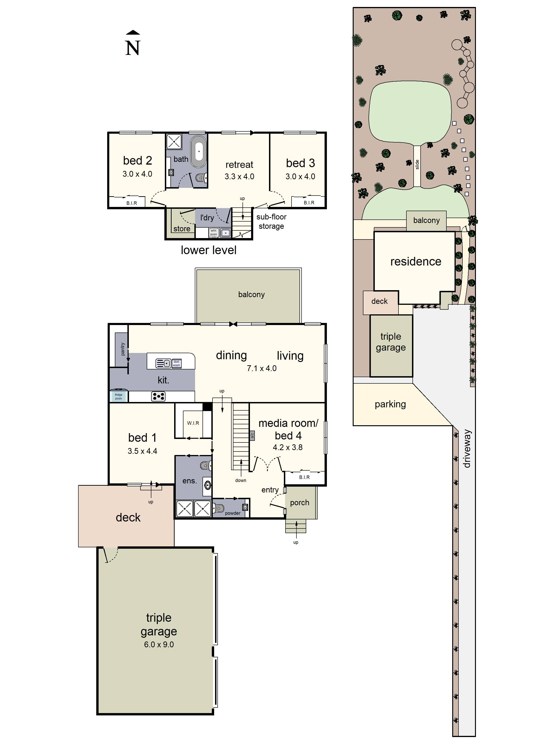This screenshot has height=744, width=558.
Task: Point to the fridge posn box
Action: (x=118, y=396)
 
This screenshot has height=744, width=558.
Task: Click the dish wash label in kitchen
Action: (x=176, y=363)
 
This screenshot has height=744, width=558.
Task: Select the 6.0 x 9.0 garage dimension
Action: (x=159, y=644)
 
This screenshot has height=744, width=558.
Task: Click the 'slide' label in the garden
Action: (x=417, y=164)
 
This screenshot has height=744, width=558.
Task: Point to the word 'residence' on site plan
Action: (x=415, y=261)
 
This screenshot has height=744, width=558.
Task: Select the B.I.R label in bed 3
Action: (x=309, y=203)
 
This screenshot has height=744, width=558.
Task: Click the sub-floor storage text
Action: (x=271, y=221)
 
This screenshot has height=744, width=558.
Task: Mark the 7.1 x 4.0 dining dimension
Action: (x=261, y=368)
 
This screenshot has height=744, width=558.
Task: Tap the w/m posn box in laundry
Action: (x=214, y=232)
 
